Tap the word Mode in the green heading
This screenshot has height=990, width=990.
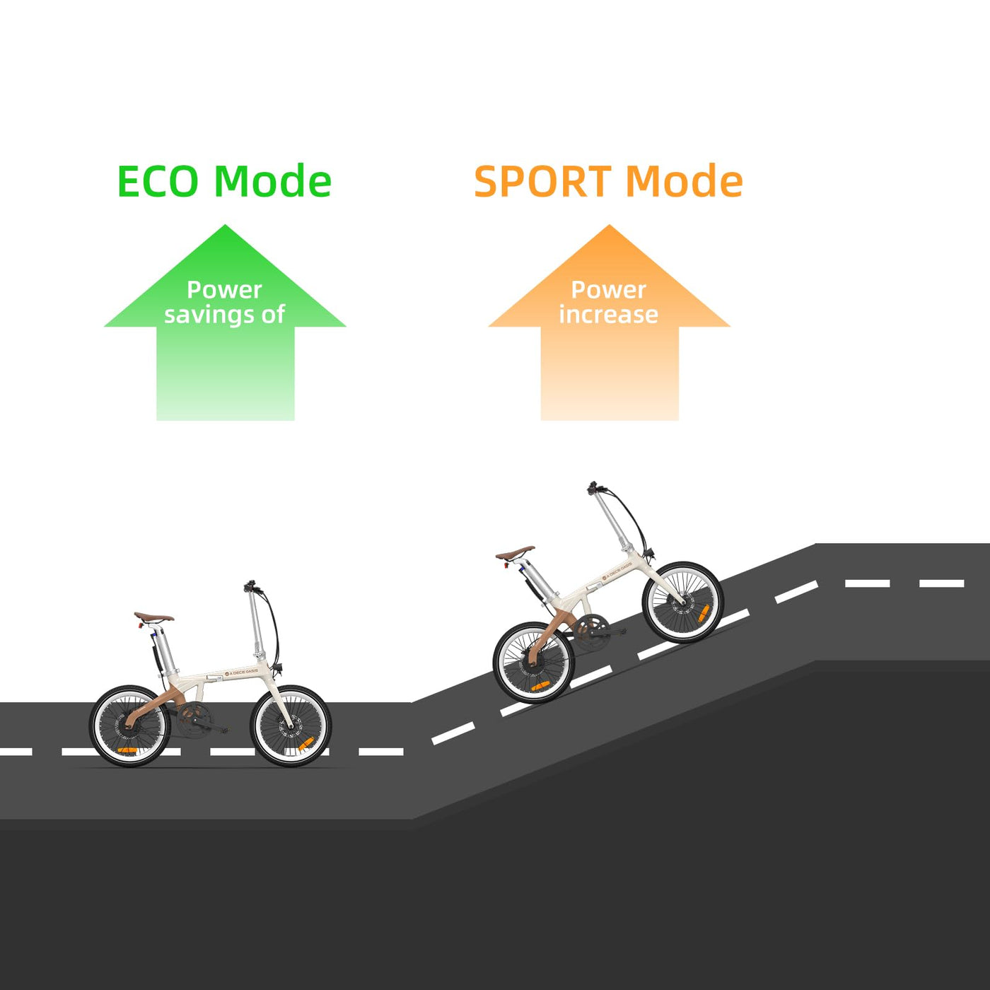[x=273, y=182]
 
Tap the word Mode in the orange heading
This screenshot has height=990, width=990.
[x=685, y=182]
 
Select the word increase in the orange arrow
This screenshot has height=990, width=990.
[x=608, y=315]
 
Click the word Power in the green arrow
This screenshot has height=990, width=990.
[x=224, y=289]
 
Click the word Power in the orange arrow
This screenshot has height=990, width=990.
[x=608, y=289]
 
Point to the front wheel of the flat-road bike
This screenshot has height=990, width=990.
[x=291, y=726]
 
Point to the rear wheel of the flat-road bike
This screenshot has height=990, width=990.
[x=129, y=726]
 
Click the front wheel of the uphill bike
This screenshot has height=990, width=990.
[x=682, y=602]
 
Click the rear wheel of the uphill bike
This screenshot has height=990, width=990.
[x=533, y=663]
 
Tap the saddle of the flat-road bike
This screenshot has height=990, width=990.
[x=153, y=617]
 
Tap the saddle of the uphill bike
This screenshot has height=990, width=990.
[x=515, y=552]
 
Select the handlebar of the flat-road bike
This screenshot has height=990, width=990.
[x=251, y=587]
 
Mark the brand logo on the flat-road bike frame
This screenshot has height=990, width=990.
[x=241, y=673]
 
